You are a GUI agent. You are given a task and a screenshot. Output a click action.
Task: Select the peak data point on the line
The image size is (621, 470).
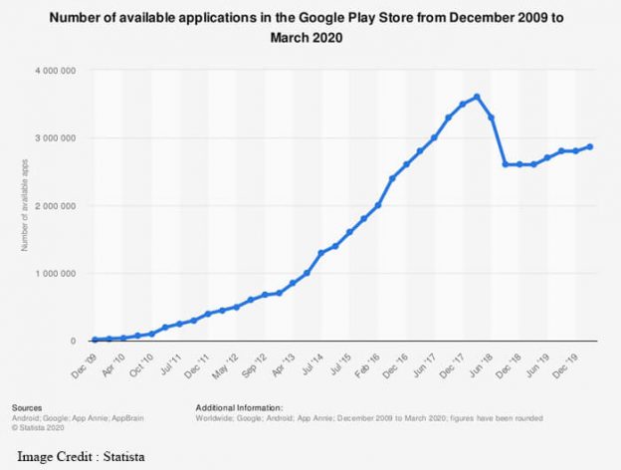click(x=478, y=97)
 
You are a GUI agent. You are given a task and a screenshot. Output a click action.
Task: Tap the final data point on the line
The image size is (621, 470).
click(x=590, y=146)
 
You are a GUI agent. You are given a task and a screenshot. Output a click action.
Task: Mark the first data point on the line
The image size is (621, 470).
click(x=96, y=340)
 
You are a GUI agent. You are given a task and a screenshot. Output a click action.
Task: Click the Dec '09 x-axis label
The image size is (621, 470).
click(x=88, y=359)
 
